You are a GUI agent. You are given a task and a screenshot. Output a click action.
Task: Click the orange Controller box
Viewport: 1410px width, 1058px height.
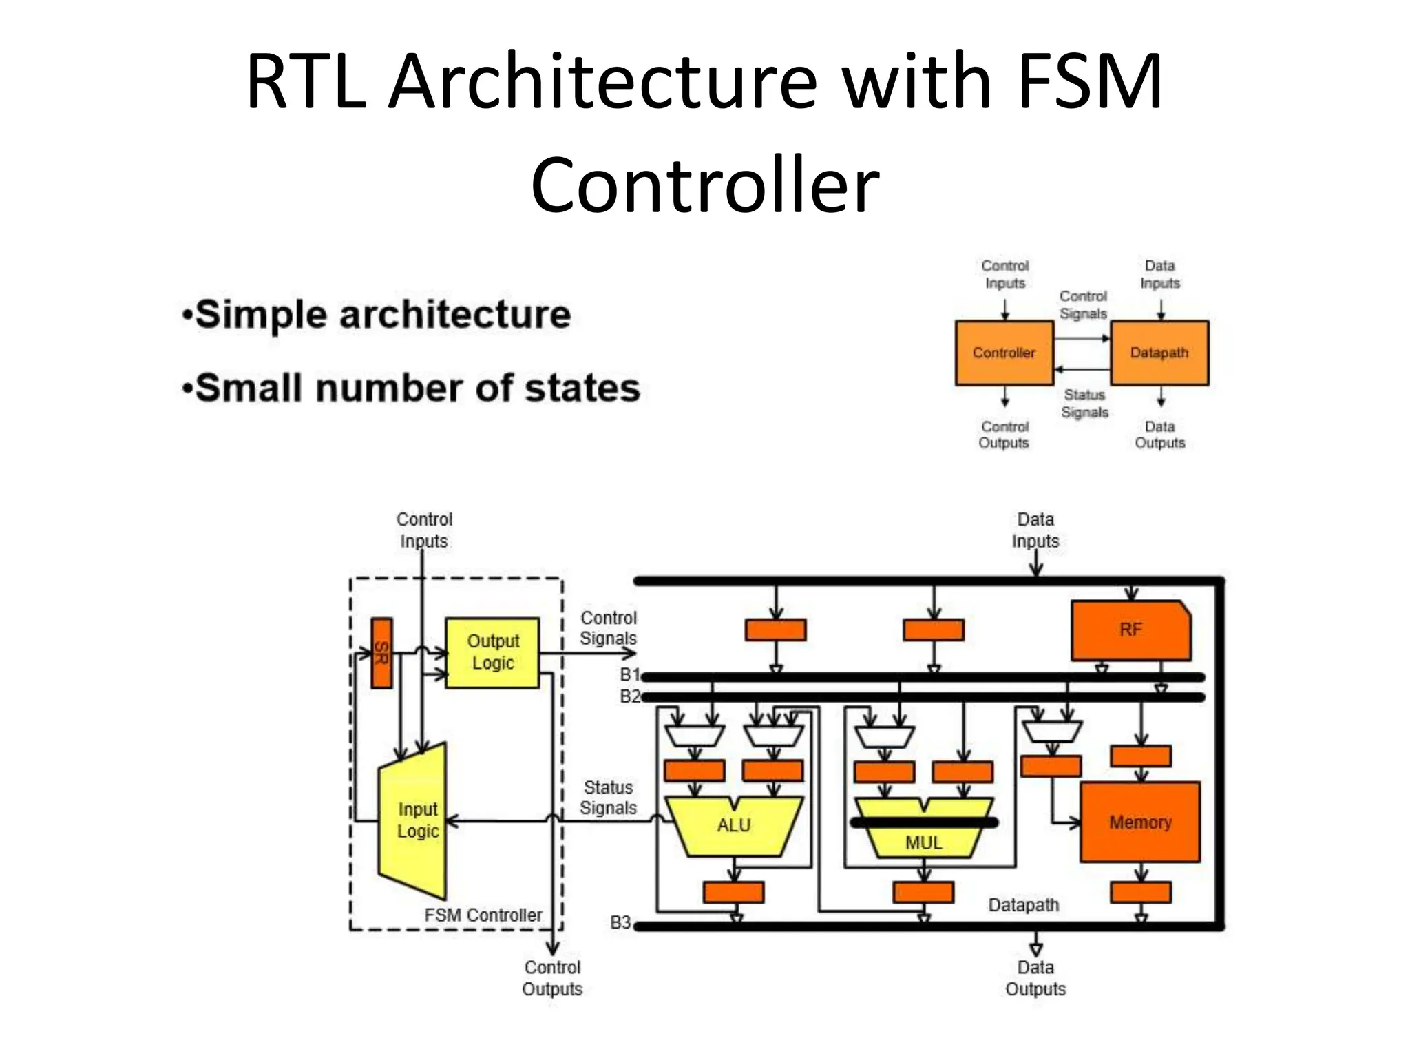point(1004,353)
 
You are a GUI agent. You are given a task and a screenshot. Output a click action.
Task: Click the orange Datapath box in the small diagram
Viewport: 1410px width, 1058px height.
point(1160,353)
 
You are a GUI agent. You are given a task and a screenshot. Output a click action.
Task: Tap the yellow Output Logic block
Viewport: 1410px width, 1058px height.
point(492,652)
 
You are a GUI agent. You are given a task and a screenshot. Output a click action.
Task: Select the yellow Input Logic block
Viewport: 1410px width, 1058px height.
point(413,820)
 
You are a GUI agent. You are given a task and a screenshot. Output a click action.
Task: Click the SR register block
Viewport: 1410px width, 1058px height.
point(381,653)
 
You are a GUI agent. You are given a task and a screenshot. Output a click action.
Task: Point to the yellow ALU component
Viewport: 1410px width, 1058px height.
point(734,827)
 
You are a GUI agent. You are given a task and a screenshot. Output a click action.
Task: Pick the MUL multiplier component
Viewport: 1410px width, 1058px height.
point(923,828)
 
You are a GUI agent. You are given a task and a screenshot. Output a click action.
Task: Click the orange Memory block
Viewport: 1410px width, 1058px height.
point(1140,822)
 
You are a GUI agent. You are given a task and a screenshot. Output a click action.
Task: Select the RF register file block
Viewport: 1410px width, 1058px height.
point(1130,630)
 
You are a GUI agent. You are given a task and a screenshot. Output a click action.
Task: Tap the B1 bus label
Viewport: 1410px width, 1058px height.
point(630,674)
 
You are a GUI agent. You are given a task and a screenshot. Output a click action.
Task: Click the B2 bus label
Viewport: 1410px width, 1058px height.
point(630,696)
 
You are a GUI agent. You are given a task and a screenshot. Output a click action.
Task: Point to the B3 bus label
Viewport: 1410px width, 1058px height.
point(620,922)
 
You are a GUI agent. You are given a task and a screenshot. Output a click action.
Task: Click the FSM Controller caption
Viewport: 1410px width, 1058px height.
point(483,915)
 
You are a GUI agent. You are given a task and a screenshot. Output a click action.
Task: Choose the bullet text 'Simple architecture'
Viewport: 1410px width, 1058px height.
point(383,315)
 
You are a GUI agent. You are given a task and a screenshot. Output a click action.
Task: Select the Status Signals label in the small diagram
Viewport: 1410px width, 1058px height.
point(1085,404)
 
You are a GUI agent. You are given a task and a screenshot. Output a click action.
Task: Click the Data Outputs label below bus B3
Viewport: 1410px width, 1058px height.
point(1035,978)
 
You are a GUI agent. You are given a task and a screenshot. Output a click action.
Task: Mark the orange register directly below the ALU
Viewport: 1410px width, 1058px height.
point(734,892)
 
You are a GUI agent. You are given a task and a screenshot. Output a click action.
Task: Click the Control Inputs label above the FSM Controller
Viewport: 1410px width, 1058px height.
point(424,530)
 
